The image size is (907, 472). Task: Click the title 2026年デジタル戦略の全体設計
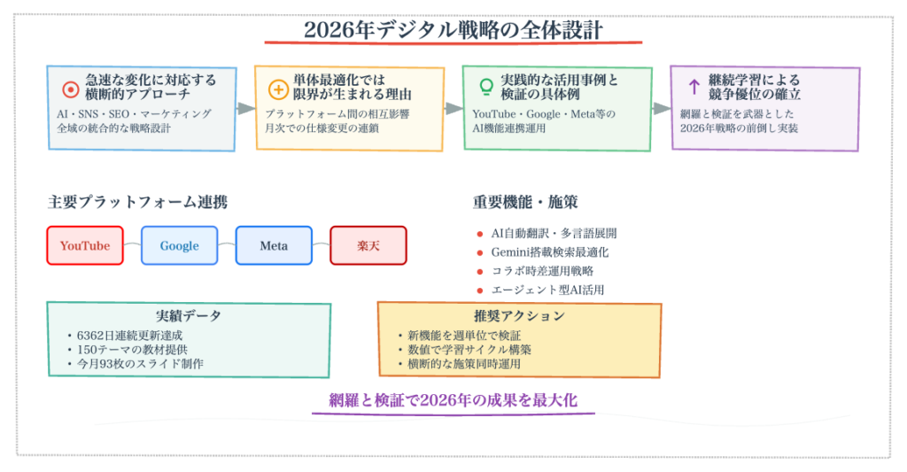pos(453,30)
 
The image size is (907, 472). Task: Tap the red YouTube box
pos(85,245)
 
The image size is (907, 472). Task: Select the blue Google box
pos(179,245)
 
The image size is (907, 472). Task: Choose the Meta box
pos(274,245)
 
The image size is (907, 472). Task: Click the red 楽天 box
pos(368,245)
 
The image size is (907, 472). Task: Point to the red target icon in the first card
pos(70,89)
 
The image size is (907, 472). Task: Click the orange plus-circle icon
pos(277,89)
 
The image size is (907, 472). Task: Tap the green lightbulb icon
pos(485,87)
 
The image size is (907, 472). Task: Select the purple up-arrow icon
pos(694,86)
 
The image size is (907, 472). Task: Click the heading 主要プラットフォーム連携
pos(137,202)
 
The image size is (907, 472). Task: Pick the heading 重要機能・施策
pos(525,202)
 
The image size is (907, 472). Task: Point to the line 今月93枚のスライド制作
pos(140,363)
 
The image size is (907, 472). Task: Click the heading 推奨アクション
pos(518,316)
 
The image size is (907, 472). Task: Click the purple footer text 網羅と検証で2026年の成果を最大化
pos(453,400)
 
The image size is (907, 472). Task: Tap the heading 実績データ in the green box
pos(188,316)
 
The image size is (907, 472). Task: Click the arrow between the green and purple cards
pos(661,108)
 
